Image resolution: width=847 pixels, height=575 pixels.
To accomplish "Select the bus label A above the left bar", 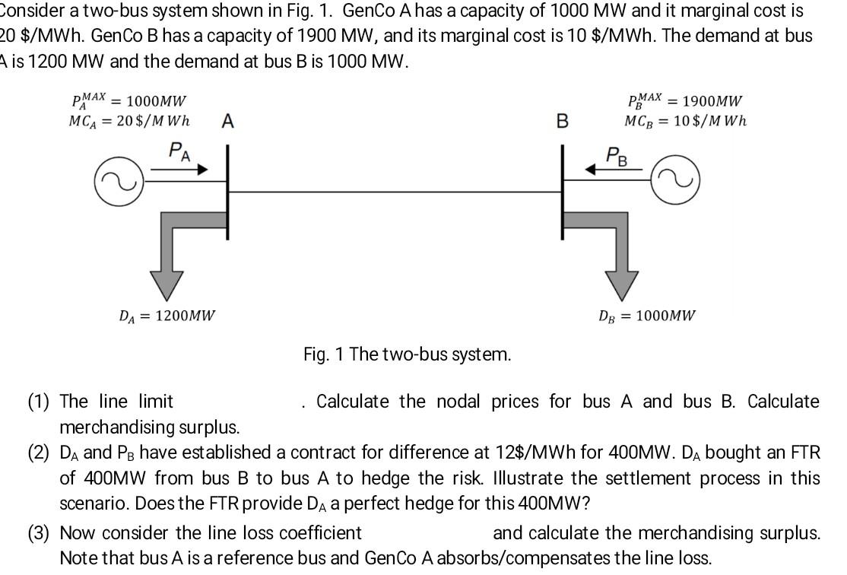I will tap(227, 121).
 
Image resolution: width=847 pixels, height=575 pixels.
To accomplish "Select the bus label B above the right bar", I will tap(562, 121).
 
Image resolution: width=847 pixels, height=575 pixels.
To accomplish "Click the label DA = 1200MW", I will tap(167, 315).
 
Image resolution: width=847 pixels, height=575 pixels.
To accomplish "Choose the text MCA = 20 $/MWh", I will tap(129, 121).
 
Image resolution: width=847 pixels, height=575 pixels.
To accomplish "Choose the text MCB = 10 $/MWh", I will tap(685, 121).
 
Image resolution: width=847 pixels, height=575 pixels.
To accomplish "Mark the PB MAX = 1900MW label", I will tap(684, 100).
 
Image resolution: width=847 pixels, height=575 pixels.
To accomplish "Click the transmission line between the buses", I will tap(395, 192).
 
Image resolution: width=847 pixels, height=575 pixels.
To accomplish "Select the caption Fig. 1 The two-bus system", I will tap(407, 354).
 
